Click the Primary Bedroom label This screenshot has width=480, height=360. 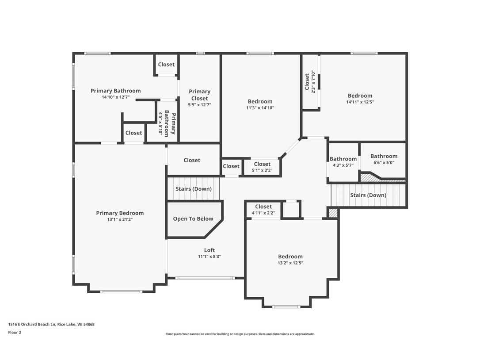tap(120, 213)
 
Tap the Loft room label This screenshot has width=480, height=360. tap(210, 250)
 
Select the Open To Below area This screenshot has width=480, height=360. tap(193, 219)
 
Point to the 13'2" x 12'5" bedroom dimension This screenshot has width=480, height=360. tap(290, 263)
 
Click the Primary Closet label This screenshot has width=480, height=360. tap(200, 95)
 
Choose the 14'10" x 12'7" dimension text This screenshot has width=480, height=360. tap(115, 97)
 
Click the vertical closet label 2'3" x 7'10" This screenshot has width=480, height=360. tap(310, 82)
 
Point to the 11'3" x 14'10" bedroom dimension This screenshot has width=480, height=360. tap(260, 107)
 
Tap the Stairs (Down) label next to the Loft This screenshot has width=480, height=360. tap(194, 189)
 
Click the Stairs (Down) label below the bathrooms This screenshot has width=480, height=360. tap(368, 195)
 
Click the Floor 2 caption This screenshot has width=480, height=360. tap(15, 332)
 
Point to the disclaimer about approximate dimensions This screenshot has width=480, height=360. tap(240, 334)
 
